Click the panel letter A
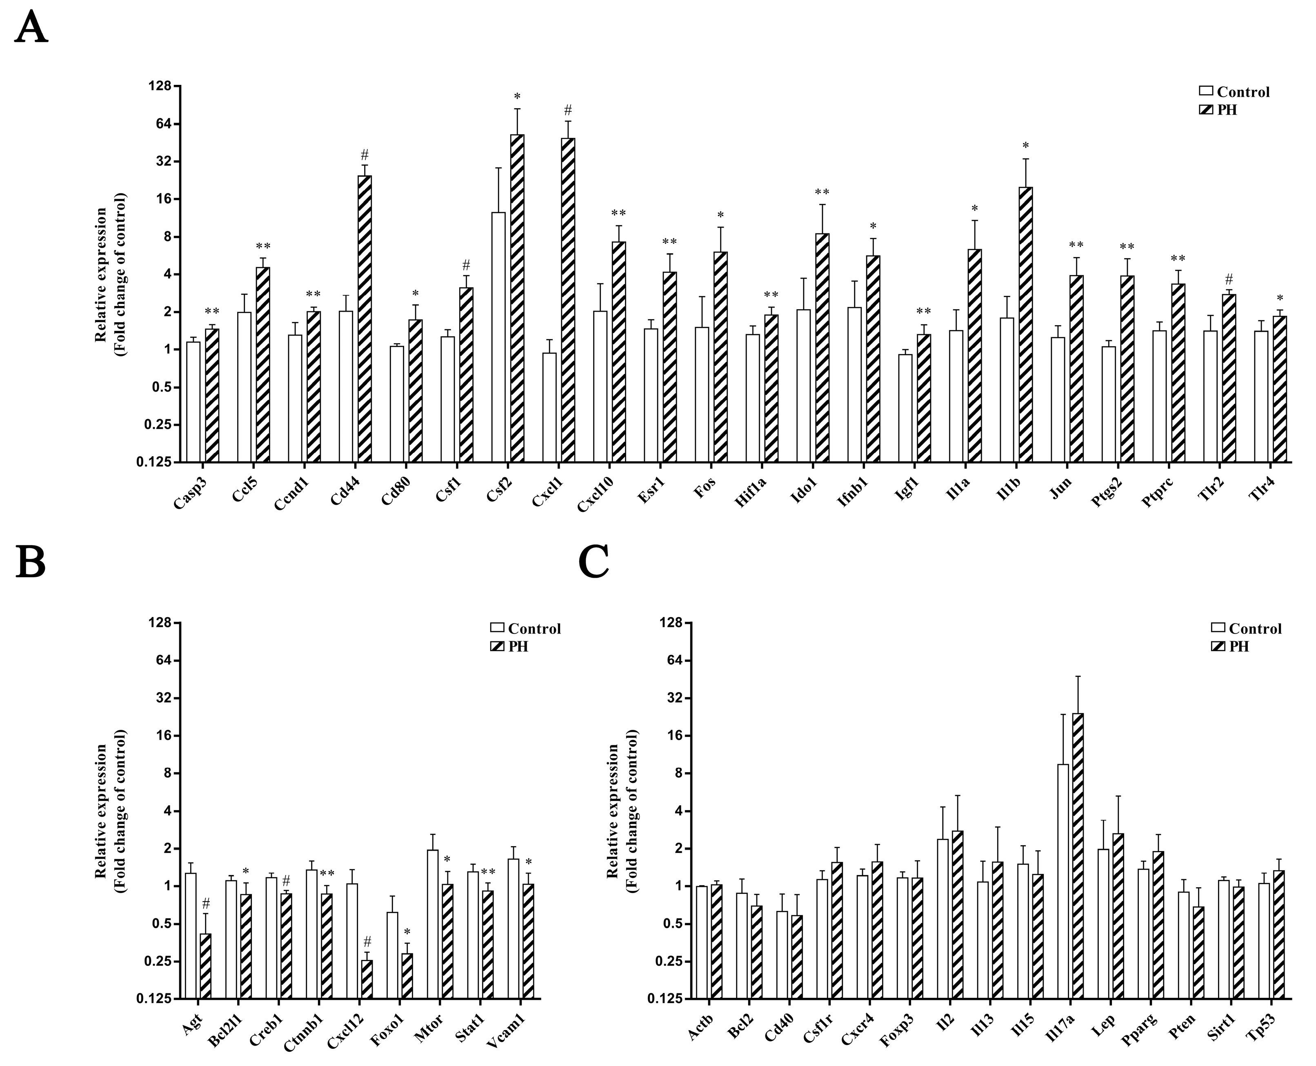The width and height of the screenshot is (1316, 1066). [31, 28]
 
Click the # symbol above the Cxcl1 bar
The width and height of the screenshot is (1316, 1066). [568, 110]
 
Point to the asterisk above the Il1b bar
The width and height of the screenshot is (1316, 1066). [1025, 146]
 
